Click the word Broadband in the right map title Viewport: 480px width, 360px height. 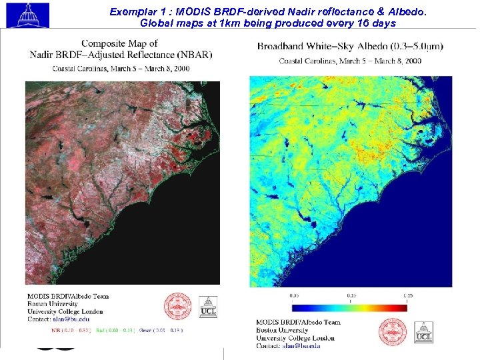[x=284, y=46]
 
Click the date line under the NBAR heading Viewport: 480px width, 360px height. [x=120, y=69]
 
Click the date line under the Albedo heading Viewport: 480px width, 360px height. [x=350, y=61]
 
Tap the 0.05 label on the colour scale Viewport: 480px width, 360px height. [x=294, y=295]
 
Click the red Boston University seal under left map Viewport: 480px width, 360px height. [x=177, y=307]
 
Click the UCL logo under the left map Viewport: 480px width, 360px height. [x=209, y=307]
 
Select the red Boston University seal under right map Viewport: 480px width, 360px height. [x=392, y=331]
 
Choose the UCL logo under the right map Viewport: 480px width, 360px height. [x=423, y=332]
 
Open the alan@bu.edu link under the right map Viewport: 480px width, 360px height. [x=303, y=346]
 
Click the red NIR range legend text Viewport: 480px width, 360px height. [x=73, y=330]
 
